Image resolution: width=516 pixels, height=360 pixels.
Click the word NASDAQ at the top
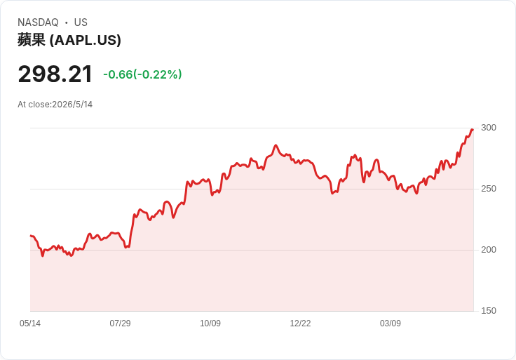[x=38, y=22]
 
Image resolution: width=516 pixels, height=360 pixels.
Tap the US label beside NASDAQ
[x=81, y=22]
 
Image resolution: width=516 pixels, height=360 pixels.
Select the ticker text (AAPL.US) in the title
[x=86, y=40]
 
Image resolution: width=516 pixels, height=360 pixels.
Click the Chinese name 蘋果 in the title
[x=32, y=40]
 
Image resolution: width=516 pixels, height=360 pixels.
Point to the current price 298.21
[x=55, y=74]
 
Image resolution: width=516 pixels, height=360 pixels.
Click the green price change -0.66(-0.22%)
[x=142, y=74]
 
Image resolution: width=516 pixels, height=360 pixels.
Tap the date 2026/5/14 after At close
[x=72, y=105]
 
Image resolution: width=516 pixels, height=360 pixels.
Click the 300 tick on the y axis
[x=489, y=128]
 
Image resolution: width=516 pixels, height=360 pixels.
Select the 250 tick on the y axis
[x=489, y=189]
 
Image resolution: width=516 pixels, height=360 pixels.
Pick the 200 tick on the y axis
[x=489, y=250]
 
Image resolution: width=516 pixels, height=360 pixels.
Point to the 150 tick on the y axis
[x=489, y=311]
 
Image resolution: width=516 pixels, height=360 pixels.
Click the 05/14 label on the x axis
[x=30, y=324]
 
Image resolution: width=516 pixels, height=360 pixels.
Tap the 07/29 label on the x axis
[x=120, y=324]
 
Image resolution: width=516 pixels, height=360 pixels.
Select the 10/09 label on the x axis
[x=210, y=324]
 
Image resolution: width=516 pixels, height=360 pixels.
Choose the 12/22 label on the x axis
[x=300, y=324]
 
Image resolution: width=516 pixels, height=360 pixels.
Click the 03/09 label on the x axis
[x=391, y=324]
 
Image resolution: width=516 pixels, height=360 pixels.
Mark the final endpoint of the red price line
[x=473, y=130]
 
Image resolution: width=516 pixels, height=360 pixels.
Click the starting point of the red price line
[x=31, y=236]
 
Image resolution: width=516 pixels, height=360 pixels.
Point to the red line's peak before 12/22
[x=276, y=145]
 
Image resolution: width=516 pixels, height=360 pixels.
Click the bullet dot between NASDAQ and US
[x=66, y=22]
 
